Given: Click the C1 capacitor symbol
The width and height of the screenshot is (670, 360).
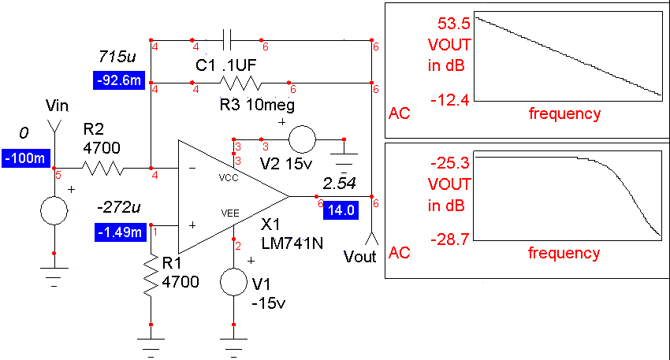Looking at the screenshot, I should (x=229, y=39).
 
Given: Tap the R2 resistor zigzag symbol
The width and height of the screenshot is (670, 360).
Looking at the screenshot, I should (x=102, y=167).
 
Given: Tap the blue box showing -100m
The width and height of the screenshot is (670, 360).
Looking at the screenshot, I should (x=24, y=158).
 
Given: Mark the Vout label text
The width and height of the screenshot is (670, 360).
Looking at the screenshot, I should (x=361, y=258).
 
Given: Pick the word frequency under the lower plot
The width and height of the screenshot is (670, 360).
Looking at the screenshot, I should (x=564, y=254).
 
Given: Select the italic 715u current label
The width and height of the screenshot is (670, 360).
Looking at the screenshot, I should (x=116, y=58).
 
